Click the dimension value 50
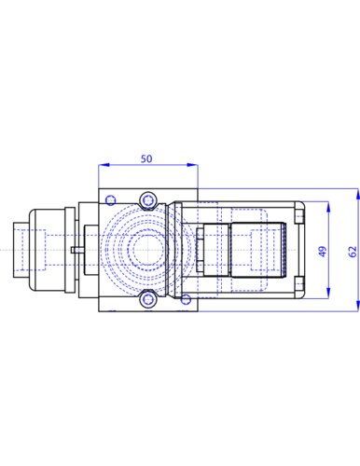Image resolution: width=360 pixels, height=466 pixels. [x=146, y=158]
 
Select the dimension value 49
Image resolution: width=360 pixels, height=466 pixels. [x=323, y=252]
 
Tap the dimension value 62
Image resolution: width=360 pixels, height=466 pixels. [x=353, y=252]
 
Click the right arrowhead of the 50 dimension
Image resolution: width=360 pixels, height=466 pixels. [x=192, y=165]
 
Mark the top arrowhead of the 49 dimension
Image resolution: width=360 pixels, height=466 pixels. [x=328, y=207]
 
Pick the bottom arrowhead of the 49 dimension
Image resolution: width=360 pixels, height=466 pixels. [x=328, y=293]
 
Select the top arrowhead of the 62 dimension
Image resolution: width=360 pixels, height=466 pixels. [x=358, y=194]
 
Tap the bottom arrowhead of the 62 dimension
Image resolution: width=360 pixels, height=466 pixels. [x=358, y=306]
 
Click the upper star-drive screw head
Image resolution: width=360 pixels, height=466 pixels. [x=147, y=200]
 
